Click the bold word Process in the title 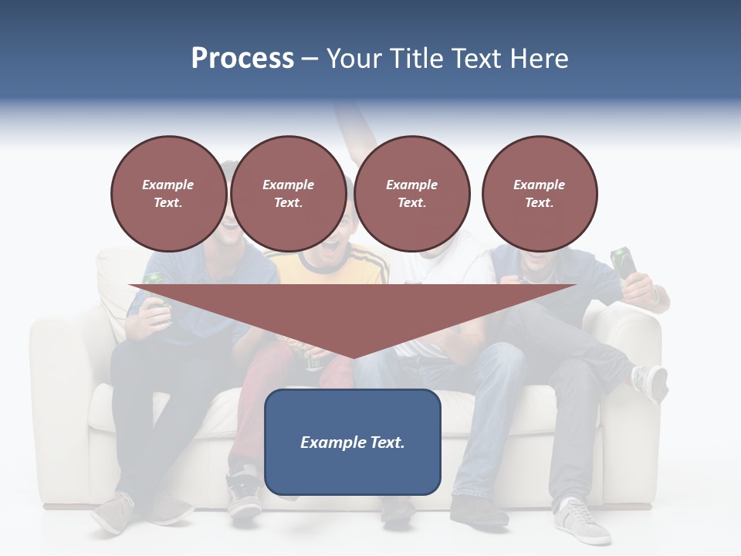tap(242, 59)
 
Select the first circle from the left tap(168, 194)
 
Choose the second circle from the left tap(289, 194)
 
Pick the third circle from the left tap(411, 194)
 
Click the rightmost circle tap(540, 194)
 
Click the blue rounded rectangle tap(353, 442)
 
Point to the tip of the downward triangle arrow tap(353, 357)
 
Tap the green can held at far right tap(624, 263)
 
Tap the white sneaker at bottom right tap(580, 522)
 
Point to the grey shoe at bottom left tap(116, 513)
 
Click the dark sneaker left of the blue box tap(244, 493)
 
